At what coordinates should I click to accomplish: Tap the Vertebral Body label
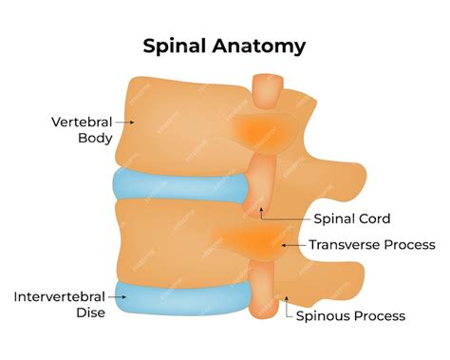tap(82, 129)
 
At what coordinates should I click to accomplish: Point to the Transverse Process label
tap(371, 245)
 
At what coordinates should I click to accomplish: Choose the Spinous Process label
tap(350, 316)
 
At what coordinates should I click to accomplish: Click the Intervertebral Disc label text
tap(58, 305)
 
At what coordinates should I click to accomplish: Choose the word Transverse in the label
tap(344, 245)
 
